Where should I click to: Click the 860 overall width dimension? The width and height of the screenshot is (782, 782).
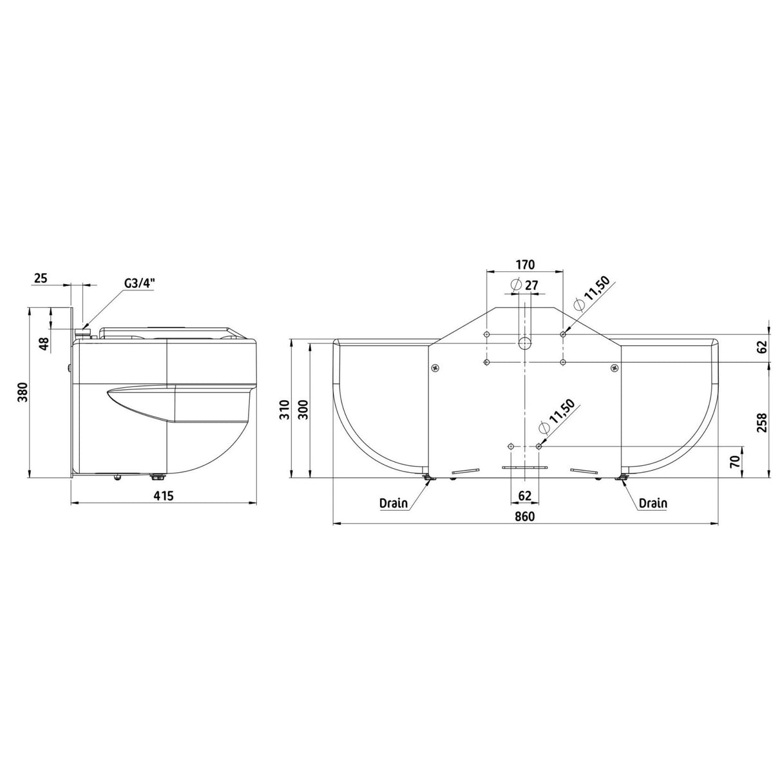pyautogui.click(x=525, y=517)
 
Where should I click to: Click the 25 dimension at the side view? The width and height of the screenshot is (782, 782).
pyautogui.click(x=41, y=278)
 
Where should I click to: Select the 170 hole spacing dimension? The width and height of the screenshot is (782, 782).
pyautogui.click(x=525, y=265)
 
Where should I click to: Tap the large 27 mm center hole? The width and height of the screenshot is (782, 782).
pyautogui.click(x=524, y=343)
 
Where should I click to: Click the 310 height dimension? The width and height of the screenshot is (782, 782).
pyautogui.click(x=285, y=410)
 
